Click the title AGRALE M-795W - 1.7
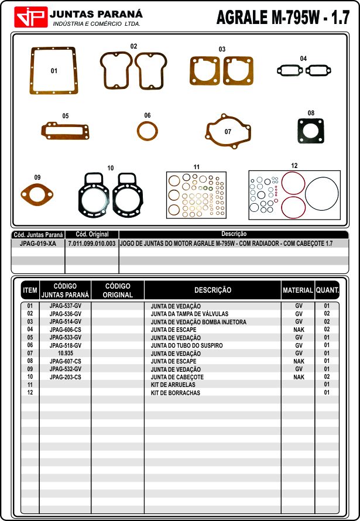tap(283, 18)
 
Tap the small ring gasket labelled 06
tap(148, 131)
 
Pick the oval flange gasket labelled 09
tap(37, 192)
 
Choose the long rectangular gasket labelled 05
tap(65, 131)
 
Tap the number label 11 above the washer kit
tap(197, 167)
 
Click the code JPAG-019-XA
tap(38, 243)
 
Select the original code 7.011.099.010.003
tap(92, 243)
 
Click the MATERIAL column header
tap(298, 290)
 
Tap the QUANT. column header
tap(327, 290)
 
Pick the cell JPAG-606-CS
tap(66, 330)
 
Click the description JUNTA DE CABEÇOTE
tap(177, 377)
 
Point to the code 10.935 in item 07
tap(66, 354)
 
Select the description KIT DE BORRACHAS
tap(175, 393)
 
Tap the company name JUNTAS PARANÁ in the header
tap(96, 13)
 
